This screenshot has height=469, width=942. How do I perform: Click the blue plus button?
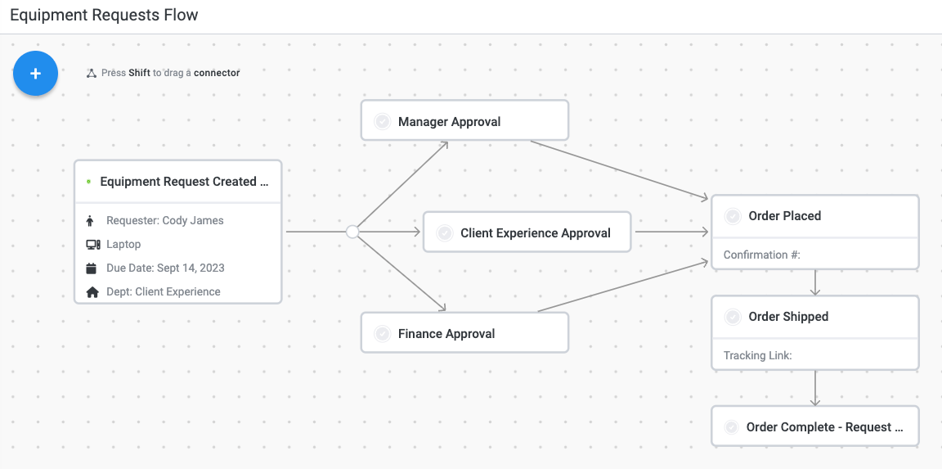point(35,74)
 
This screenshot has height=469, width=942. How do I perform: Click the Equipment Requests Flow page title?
point(104,16)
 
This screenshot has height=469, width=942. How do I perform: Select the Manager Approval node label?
point(449,122)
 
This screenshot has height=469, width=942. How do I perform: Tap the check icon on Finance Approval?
point(382,334)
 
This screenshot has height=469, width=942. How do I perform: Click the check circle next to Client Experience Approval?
point(445,233)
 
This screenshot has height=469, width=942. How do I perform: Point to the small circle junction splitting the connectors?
point(352,232)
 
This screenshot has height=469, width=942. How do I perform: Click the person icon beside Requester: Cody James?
point(92,221)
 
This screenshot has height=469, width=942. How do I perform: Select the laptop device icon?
point(92,245)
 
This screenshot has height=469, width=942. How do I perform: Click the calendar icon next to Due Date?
point(92,268)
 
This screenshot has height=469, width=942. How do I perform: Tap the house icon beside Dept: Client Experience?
point(92,292)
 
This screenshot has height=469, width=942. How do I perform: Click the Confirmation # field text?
point(761,255)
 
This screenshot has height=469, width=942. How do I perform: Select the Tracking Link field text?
point(757,356)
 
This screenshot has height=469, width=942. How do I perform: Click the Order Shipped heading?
point(788,317)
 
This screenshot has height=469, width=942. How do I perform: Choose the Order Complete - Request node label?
point(824,427)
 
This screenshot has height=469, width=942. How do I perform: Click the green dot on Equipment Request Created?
point(88,182)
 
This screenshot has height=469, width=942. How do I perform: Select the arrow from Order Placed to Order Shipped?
point(815,282)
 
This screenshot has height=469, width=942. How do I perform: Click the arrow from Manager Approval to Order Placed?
point(618,169)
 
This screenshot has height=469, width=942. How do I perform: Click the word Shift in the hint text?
point(139,73)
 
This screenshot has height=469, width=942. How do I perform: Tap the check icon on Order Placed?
point(733,216)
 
